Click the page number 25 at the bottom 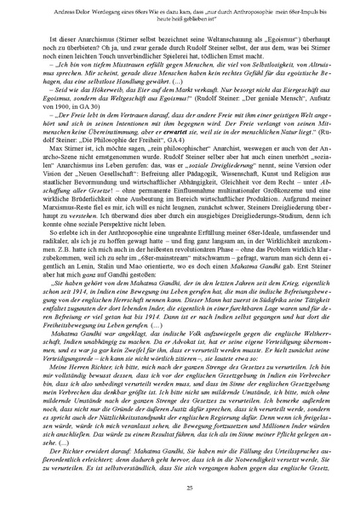pyautogui.click(x=180, y=487)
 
